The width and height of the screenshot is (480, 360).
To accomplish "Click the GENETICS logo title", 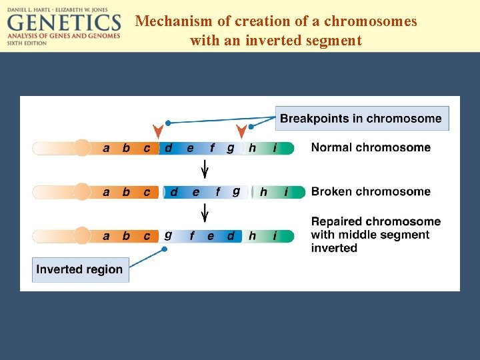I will click(64, 23).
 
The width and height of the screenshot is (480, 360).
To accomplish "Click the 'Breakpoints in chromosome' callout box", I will click(361, 119).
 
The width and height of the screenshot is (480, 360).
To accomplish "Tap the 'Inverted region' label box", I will click(79, 269).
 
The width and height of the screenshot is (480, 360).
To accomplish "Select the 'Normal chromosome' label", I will click(371, 147).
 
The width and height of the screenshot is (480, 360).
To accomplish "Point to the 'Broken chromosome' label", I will click(371, 192).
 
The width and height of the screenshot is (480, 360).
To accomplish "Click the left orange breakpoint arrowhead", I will click(158, 131).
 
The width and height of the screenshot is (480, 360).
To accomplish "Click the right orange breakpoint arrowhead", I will click(241, 131).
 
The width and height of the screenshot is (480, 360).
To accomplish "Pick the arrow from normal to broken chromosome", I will click(205, 169).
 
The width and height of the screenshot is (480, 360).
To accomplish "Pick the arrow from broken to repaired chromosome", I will click(205, 213).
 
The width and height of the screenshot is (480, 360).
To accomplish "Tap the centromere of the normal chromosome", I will click(82, 147).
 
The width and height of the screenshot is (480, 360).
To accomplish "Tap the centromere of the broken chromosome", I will click(82, 192).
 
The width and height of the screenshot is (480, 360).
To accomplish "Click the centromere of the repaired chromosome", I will click(82, 236).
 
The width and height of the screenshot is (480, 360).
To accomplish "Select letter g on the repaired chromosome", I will click(168, 235).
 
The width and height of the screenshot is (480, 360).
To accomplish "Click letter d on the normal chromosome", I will click(168, 148).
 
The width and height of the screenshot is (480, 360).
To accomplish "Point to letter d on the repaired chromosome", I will click(231, 236).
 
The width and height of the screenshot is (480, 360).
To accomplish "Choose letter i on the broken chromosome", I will click(286, 192).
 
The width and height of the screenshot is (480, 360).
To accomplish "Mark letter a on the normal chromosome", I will click(106, 148).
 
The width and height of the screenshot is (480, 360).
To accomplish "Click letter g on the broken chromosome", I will click(236, 191).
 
